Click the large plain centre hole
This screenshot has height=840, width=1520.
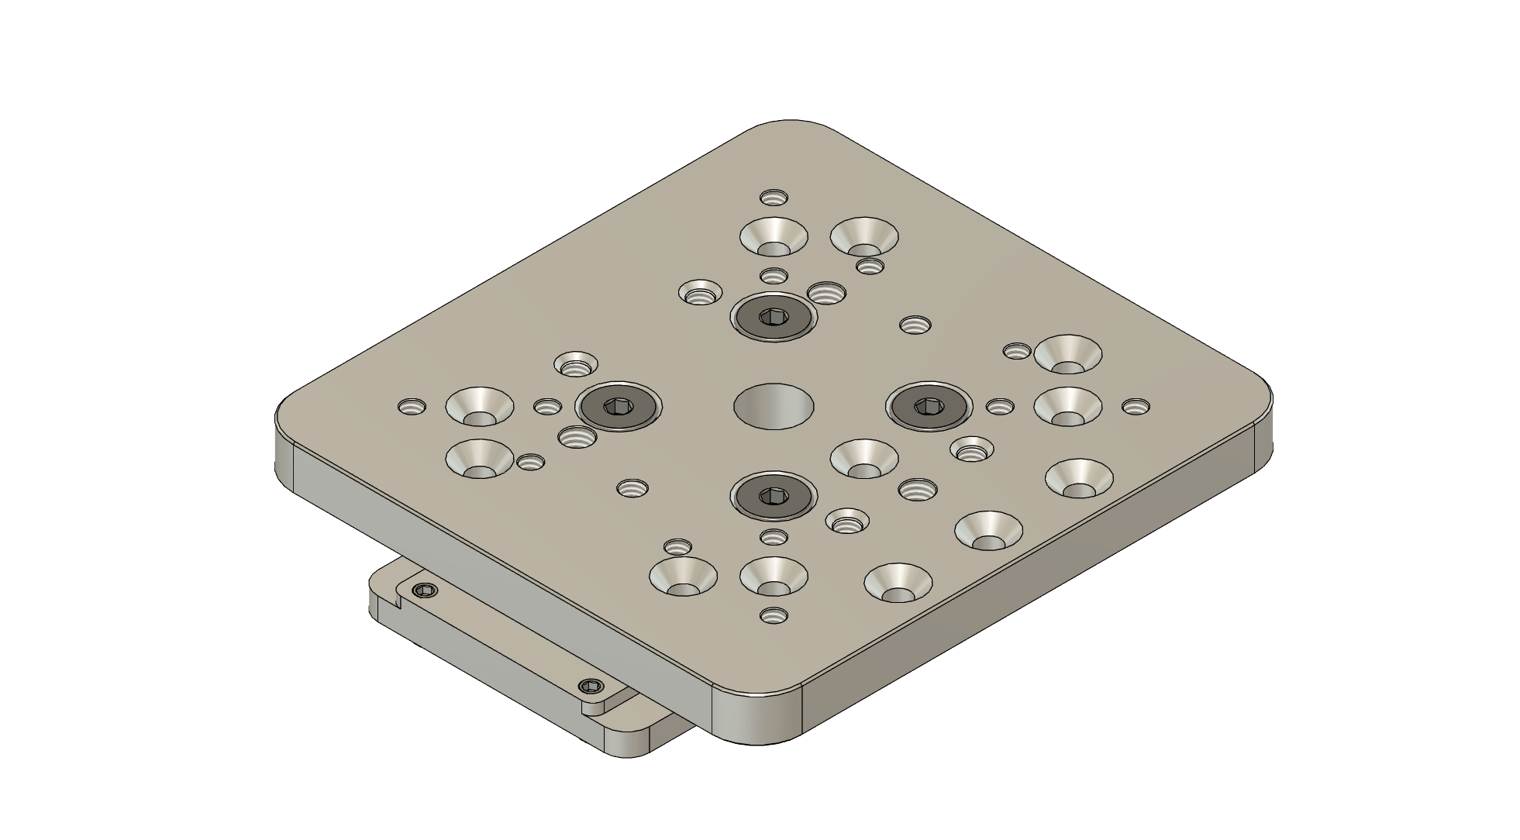(x=774, y=406)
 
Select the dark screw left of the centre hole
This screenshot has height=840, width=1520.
(x=618, y=406)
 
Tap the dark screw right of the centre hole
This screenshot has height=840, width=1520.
(x=929, y=405)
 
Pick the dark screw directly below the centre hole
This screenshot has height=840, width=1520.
(x=774, y=495)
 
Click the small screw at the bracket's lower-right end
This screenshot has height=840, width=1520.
(x=591, y=686)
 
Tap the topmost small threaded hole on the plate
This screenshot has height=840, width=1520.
(x=773, y=197)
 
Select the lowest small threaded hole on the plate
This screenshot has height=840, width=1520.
(x=774, y=616)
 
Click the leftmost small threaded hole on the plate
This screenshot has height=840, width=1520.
(x=412, y=406)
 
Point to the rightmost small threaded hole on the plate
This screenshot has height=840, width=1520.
(x=1136, y=406)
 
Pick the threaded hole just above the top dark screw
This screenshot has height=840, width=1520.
(x=774, y=275)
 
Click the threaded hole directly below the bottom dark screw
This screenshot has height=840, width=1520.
(x=774, y=536)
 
